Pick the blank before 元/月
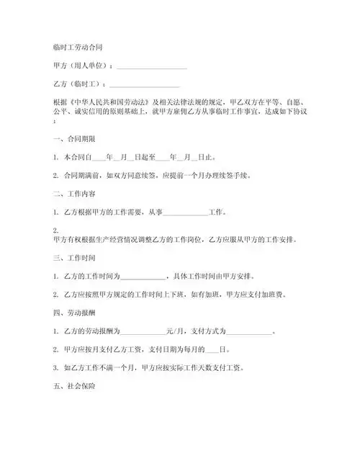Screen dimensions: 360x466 [x=143, y=332]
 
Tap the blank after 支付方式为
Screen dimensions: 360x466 [x=249, y=332]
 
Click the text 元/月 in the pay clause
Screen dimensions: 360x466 [x=175, y=332]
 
